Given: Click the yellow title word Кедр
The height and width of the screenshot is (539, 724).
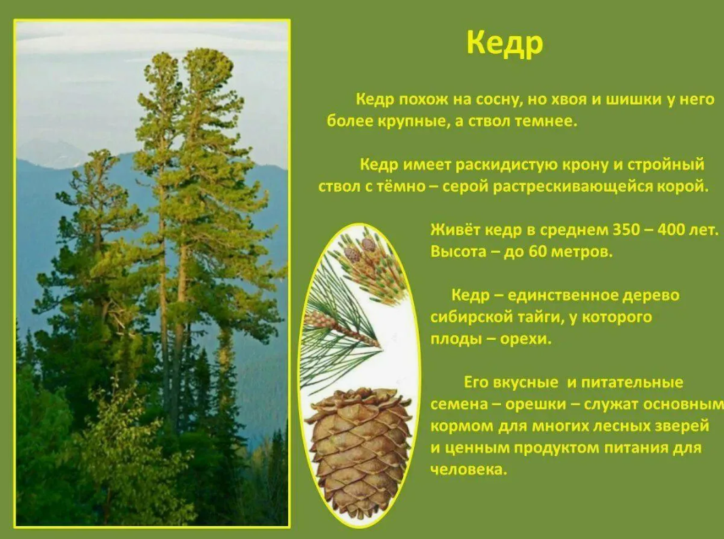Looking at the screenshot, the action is tap(504, 44).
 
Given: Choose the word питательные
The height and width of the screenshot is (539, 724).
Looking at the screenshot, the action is tap(632, 383).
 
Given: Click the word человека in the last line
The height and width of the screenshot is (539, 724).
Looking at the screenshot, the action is tap(468, 470).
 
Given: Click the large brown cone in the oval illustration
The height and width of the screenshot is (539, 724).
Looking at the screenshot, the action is tap(359, 452).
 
